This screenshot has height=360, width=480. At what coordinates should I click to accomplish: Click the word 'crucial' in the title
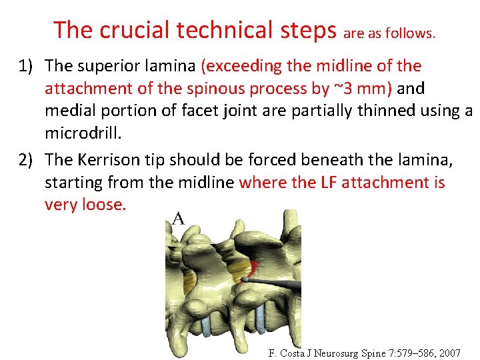coord(129,29)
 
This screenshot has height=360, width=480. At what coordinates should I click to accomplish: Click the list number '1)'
coord(27,66)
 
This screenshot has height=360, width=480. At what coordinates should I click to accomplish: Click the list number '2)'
coord(27,160)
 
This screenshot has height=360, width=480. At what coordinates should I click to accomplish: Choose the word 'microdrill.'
coord(84,134)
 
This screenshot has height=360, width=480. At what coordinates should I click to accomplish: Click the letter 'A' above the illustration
coord(179,218)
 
